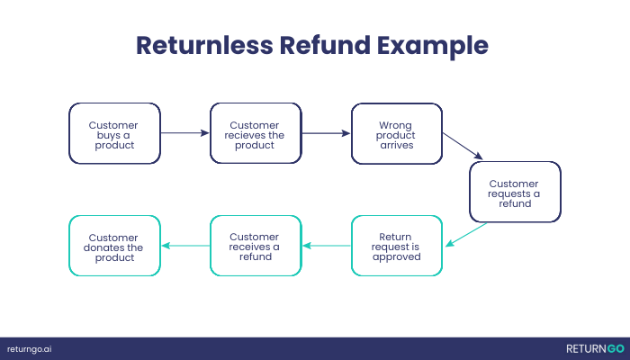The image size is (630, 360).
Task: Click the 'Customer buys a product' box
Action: pyautogui.click(x=114, y=133)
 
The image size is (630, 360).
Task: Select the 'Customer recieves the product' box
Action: pyautogui.click(x=255, y=133)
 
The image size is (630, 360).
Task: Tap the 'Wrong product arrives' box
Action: pyautogui.click(x=396, y=133)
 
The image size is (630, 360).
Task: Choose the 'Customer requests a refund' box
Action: pyautogui.click(x=515, y=192)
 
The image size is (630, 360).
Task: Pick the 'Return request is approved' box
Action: pyautogui.click(x=396, y=245)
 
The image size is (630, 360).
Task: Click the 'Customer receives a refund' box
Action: pyautogui.click(x=255, y=245)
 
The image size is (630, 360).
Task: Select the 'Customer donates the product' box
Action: pyautogui.click(x=114, y=245)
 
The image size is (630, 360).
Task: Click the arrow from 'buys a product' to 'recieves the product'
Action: pyautogui.click(x=184, y=133)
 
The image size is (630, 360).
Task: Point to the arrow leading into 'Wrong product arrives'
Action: pyautogui.click(x=325, y=133)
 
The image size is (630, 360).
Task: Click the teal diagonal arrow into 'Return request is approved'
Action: pyautogui.click(x=467, y=234)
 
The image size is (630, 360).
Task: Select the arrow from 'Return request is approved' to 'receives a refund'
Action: pyautogui.click(x=325, y=245)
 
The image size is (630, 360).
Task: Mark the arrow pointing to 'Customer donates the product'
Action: pyautogui.click(x=184, y=245)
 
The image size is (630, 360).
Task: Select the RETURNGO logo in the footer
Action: pyautogui.click(x=594, y=348)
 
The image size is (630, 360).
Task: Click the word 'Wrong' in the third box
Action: pyautogui.click(x=397, y=125)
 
